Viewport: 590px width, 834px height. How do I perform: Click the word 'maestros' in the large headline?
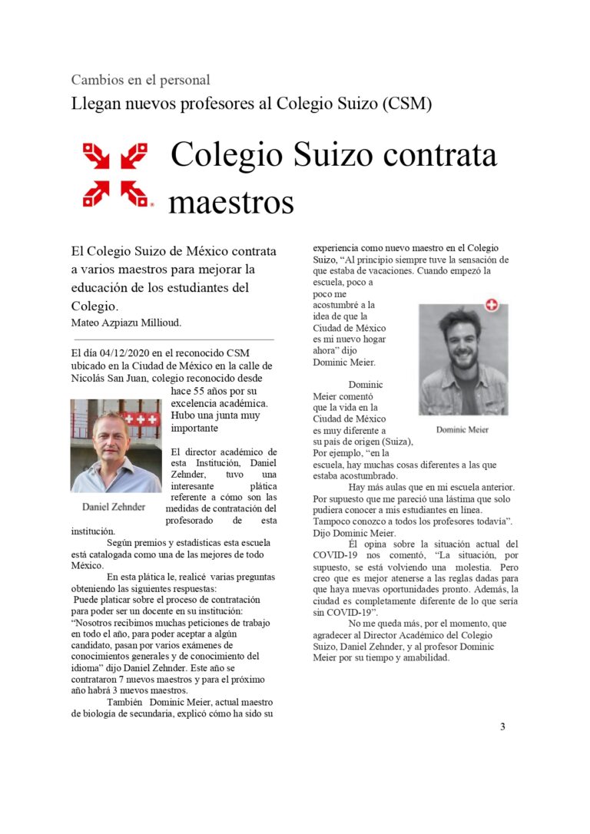(231, 203)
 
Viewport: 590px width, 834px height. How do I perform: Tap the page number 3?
(502, 726)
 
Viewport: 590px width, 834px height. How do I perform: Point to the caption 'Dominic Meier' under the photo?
(462, 429)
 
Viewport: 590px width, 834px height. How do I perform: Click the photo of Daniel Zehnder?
(115, 445)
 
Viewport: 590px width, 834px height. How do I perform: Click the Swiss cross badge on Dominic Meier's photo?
(492, 305)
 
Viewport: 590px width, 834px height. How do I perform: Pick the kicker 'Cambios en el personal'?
(141, 80)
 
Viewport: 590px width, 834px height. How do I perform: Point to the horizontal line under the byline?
(173, 339)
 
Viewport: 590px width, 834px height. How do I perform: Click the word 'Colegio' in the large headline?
(230, 155)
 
